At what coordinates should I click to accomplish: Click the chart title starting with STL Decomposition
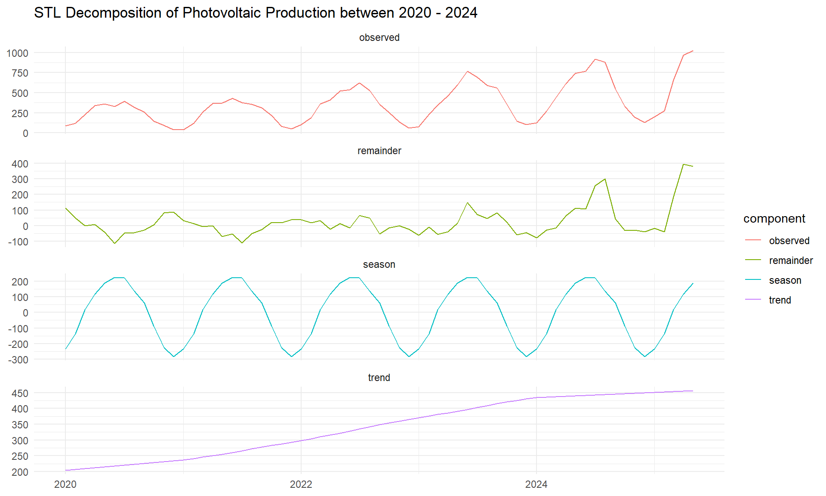click(x=256, y=13)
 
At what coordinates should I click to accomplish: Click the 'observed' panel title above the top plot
click(x=379, y=37)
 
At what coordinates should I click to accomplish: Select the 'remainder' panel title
click(x=379, y=151)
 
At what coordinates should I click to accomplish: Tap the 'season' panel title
click(x=379, y=264)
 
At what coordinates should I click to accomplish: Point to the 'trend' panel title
click(x=379, y=378)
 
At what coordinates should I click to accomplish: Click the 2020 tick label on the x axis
click(x=65, y=484)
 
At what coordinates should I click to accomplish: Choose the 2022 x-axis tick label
click(x=301, y=484)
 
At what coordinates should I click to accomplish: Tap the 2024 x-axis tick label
click(x=536, y=484)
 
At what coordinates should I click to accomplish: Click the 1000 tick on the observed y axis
click(x=17, y=53)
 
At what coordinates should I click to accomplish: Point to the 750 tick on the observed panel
click(x=20, y=73)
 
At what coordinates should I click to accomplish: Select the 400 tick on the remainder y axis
click(x=20, y=164)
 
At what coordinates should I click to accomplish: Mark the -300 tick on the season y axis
click(x=18, y=360)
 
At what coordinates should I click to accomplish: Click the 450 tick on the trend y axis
click(x=20, y=393)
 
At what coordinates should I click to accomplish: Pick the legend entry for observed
click(x=789, y=241)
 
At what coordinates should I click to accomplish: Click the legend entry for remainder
click(x=791, y=260)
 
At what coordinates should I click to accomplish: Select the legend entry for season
click(x=785, y=280)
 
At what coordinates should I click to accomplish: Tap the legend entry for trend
click(x=780, y=300)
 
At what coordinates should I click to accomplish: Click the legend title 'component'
click(x=774, y=219)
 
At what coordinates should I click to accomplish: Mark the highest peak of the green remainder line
click(x=683, y=164)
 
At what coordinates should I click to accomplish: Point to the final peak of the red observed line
click(x=693, y=51)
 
